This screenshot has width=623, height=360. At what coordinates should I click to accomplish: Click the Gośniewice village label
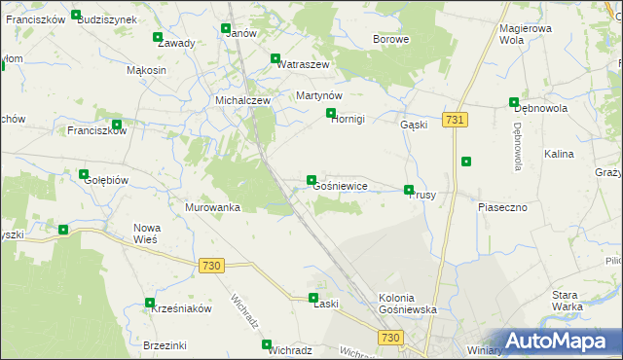coord(340,186)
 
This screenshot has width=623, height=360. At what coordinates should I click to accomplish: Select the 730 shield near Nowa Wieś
coord(211,266)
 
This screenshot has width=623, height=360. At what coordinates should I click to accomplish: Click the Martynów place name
coord(318,95)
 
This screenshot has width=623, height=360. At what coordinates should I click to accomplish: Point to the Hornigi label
coord(348,120)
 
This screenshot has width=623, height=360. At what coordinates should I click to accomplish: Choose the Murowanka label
coord(212,207)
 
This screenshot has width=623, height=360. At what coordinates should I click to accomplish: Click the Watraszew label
coord(304,63)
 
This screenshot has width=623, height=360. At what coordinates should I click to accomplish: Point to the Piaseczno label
coord(502,207)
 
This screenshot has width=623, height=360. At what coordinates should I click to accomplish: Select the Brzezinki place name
coord(164,345)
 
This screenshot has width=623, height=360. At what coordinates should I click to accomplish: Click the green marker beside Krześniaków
coord(149,303)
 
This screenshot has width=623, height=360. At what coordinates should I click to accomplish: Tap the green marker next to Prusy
coord(409,190)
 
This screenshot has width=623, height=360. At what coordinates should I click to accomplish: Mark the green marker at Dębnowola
coord(513,102)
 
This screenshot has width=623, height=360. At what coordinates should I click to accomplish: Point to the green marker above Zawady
coord(158,38)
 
